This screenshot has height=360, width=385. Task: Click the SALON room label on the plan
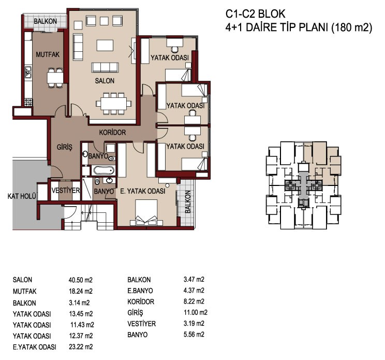tap(105, 81)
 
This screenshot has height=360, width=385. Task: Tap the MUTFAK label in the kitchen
tap(48, 54)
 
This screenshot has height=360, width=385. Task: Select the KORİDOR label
tap(112, 133)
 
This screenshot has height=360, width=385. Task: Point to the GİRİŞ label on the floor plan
tap(65, 147)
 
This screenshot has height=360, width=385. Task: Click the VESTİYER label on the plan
tap(66, 191)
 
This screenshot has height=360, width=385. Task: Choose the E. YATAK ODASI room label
tap(142, 191)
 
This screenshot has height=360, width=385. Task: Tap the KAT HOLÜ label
tap(22, 196)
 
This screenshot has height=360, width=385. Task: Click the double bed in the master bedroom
tap(146, 213)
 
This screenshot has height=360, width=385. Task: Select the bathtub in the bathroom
tap(103, 170)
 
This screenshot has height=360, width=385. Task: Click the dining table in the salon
tap(114, 104)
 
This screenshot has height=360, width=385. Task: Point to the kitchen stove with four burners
tap(28, 102)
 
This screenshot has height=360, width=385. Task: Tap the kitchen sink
tap(28, 72)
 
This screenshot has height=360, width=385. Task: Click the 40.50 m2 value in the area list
tap(81, 280)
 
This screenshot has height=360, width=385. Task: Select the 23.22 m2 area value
tap(81, 347)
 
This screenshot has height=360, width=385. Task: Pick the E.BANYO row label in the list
tap(140, 291)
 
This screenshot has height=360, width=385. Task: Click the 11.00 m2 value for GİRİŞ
tap(196, 312)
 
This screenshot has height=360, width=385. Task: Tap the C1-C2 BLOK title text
tap(255, 14)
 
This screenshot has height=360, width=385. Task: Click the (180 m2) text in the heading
tap(352, 27)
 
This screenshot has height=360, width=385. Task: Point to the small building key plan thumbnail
tap(303, 185)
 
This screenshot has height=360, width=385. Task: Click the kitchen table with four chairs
tap(55, 78)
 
